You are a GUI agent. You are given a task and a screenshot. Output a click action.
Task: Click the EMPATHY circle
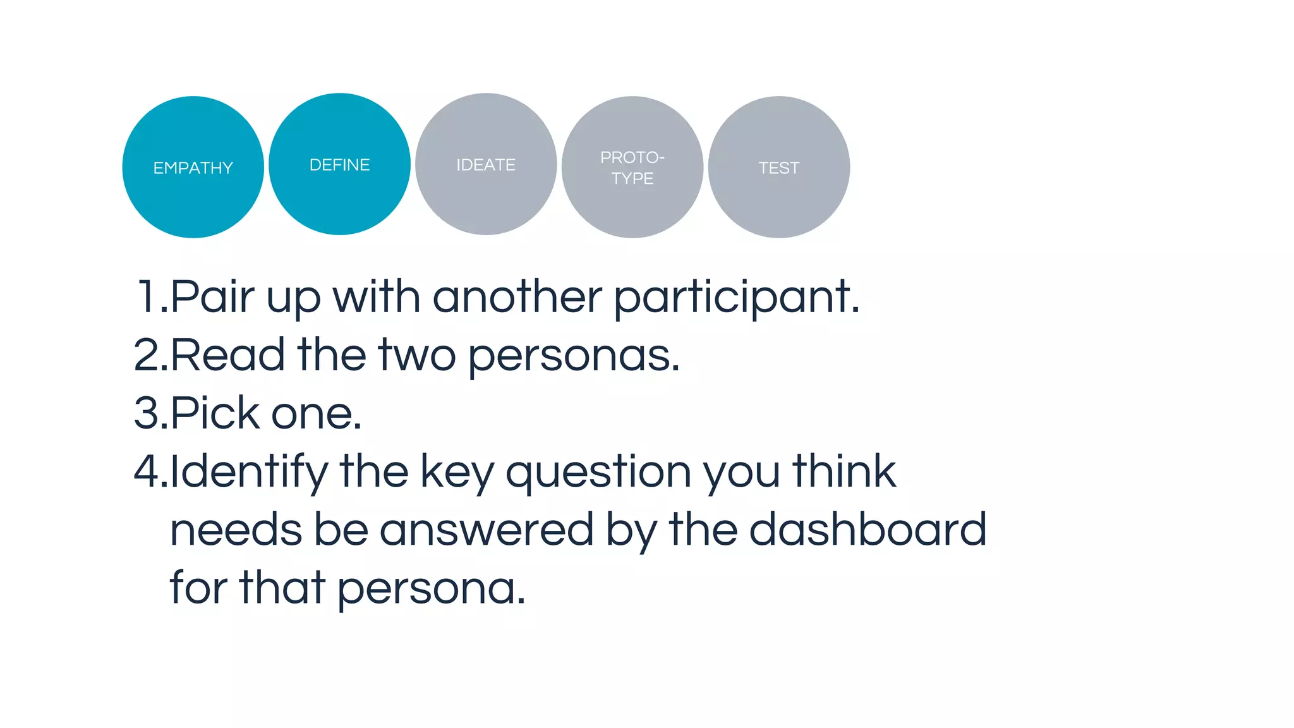193,167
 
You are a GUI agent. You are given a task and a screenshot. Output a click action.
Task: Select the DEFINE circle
339,164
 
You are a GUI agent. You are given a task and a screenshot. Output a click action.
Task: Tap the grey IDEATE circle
486,164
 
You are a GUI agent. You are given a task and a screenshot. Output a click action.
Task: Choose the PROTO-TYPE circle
632,167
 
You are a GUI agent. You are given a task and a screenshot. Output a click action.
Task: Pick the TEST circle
778,167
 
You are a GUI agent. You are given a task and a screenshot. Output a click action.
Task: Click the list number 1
148,296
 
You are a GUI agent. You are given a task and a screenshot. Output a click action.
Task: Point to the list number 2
147,355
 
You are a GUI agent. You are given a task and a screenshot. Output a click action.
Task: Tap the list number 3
147,413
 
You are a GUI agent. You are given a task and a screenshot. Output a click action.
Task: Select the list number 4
147,471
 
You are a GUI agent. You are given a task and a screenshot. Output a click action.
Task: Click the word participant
735,298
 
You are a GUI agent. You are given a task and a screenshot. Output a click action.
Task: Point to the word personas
572,356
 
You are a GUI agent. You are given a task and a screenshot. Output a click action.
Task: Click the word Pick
215,413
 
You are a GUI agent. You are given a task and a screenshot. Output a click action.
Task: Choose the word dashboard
868,530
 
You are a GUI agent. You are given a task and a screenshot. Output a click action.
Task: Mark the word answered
486,530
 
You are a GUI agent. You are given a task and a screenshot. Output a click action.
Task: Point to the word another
517,296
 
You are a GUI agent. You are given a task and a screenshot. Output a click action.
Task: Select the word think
844,471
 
